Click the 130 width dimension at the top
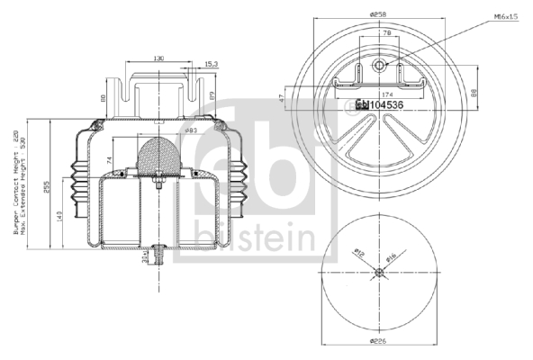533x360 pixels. [x=158, y=58]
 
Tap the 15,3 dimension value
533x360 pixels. [x=211, y=64]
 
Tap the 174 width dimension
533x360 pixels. [x=388, y=94]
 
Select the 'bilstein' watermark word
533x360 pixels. [x=266, y=238]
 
